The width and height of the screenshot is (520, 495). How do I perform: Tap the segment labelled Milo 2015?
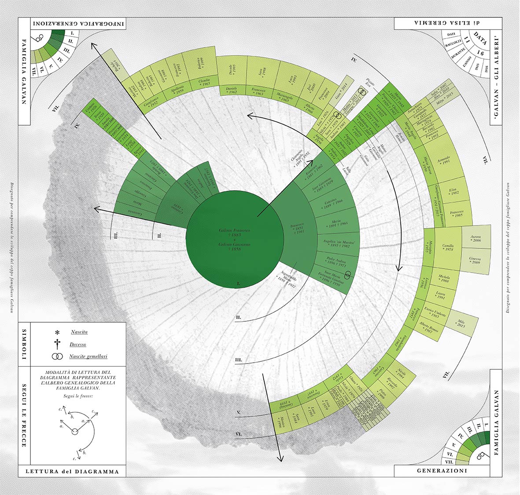click(461, 324)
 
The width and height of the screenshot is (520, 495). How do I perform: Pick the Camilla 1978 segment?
click(448, 247)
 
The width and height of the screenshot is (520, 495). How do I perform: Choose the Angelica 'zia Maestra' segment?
click(339, 244)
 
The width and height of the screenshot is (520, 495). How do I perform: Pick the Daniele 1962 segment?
click(232, 90)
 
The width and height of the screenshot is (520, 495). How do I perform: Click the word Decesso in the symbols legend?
click(78, 345)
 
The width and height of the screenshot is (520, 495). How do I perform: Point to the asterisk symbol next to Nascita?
click(57, 333)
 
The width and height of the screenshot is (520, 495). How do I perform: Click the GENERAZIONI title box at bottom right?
click(448, 471)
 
